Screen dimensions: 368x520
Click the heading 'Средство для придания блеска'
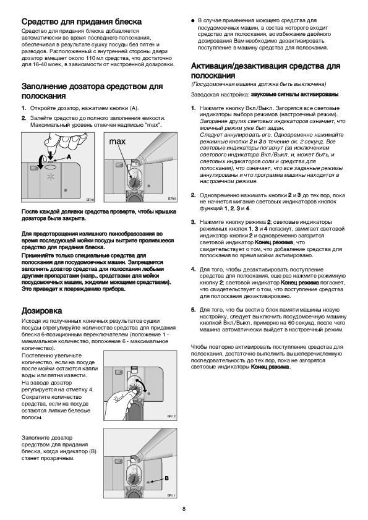(82, 22)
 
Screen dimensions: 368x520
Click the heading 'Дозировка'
(42, 311)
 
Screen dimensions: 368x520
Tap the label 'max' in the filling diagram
(118, 142)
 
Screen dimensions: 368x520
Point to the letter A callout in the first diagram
(69, 157)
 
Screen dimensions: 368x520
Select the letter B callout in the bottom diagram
(166, 478)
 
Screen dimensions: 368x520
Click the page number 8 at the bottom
(184, 509)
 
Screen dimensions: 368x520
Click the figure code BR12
(171, 416)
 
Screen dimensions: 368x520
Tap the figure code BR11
(171, 495)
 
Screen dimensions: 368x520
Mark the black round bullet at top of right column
(192, 21)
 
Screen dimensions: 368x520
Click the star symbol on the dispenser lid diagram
(51, 177)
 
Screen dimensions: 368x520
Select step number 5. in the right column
(194, 310)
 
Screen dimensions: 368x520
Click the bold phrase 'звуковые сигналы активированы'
(294, 95)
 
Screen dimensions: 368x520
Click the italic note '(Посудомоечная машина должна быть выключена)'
(259, 84)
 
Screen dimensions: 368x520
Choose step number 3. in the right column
(194, 222)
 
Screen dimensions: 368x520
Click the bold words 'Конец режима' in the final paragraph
(270, 367)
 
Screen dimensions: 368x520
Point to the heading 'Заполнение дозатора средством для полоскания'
(92, 91)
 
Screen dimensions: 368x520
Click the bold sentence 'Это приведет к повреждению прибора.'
(74, 289)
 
